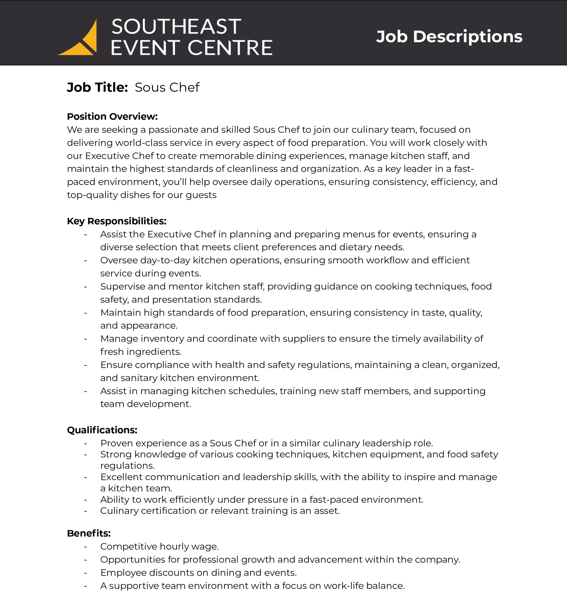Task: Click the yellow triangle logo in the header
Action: click(80, 40)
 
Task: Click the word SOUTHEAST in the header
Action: click(176, 27)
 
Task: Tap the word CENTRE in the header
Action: click(230, 48)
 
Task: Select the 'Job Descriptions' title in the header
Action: click(449, 37)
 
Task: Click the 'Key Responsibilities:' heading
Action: click(117, 221)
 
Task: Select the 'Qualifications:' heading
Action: click(102, 430)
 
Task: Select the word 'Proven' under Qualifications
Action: click(117, 443)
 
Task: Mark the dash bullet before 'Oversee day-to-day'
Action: click(85, 261)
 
